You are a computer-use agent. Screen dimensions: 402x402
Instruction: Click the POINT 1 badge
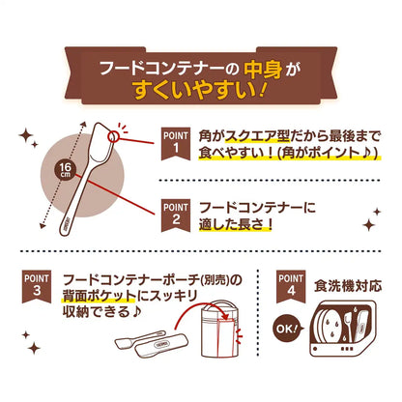(176, 144)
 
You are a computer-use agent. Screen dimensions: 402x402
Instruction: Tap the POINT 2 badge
(176, 215)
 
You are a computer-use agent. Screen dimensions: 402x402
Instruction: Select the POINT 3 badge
(37, 287)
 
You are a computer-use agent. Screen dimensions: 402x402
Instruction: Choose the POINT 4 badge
(291, 287)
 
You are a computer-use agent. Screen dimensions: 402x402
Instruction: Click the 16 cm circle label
(65, 169)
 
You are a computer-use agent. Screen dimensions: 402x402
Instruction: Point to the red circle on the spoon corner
(114, 136)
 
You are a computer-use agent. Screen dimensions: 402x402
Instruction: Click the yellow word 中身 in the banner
(263, 69)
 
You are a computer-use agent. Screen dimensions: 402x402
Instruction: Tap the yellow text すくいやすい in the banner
(195, 90)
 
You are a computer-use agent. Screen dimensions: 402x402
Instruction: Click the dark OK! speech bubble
(288, 329)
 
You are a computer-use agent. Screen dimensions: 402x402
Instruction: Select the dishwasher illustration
(342, 329)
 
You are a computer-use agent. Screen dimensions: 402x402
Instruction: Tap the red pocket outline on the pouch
(226, 338)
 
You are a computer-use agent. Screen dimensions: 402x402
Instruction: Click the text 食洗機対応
(348, 286)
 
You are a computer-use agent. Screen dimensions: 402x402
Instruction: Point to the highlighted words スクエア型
(257, 136)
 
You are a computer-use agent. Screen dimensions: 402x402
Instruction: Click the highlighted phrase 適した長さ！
(236, 224)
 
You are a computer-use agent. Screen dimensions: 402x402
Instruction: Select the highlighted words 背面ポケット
(99, 296)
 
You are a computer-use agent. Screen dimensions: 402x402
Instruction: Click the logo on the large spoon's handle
(68, 222)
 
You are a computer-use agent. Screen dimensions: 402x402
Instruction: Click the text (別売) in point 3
(215, 280)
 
